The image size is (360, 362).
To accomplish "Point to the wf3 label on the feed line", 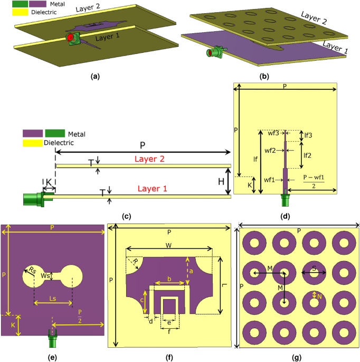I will pyautogui.click(x=273, y=133).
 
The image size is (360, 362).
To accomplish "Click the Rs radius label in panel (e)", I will pyautogui.click(x=32, y=271).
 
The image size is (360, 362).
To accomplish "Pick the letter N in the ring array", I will pyautogui.click(x=319, y=296).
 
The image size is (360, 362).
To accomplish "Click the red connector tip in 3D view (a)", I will pyautogui.click(x=69, y=38).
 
